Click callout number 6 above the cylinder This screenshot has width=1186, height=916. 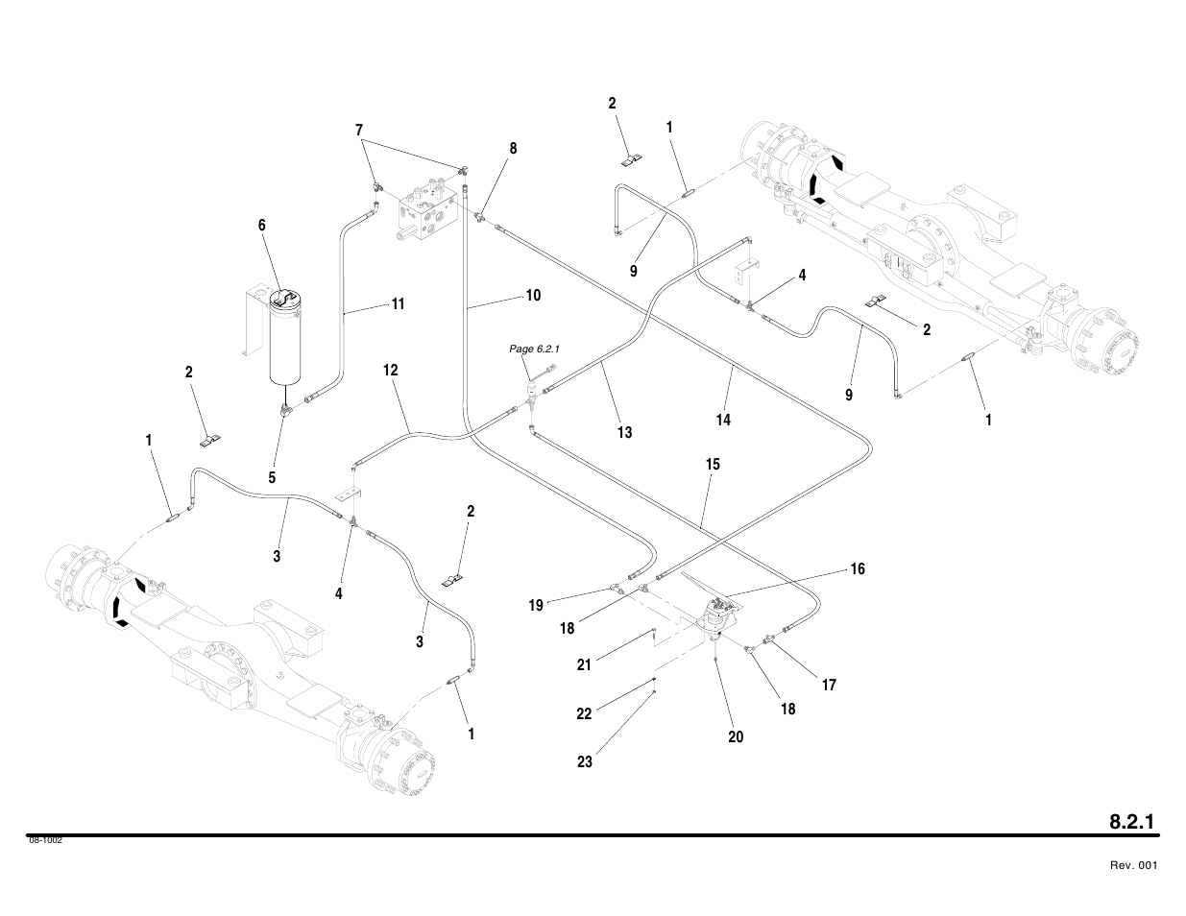[x=261, y=226]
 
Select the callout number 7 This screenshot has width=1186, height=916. [x=359, y=130]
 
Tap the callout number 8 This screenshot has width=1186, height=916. [x=513, y=149]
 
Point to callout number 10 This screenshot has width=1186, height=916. [x=532, y=296]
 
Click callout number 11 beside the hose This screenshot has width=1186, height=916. [x=397, y=304]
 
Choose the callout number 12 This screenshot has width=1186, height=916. [x=390, y=371]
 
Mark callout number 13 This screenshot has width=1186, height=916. [x=624, y=432]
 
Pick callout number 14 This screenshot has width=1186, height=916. [x=722, y=420]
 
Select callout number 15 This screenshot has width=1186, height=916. [x=713, y=465]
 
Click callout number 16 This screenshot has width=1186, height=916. [x=857, y=569]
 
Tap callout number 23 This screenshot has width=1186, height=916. [x=584, y=762]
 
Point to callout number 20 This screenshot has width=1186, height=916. [x=736, y=737]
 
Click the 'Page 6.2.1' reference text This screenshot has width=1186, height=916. [x=533, y=349]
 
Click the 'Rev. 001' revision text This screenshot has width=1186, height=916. [x=1133, y=866]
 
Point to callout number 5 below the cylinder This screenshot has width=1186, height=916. [x=272, y=477]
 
